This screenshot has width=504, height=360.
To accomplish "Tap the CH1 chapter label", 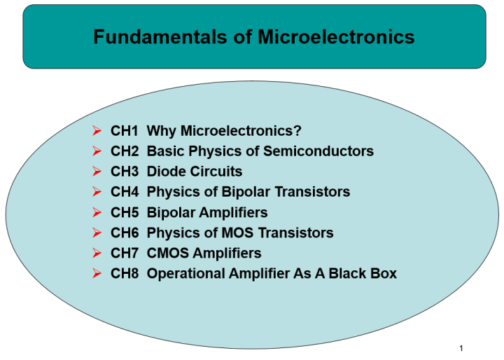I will [125, 131].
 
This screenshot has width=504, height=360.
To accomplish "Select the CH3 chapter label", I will [125, 172].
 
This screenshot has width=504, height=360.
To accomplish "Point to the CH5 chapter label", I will [125, 212].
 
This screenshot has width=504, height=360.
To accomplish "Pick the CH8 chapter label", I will [125, 273].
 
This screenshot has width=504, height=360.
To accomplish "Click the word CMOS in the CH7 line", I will [167, 253].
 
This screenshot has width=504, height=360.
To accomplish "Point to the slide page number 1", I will [462, 348].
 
